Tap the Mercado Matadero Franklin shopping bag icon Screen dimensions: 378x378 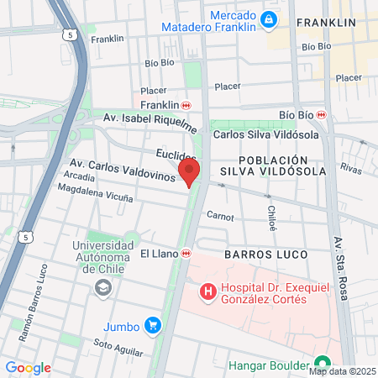268,18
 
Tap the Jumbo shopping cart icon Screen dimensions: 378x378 152,325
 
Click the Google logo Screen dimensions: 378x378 28,368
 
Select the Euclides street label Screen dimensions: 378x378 176,155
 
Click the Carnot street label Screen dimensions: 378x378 219,217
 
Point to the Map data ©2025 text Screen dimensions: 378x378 342,370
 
